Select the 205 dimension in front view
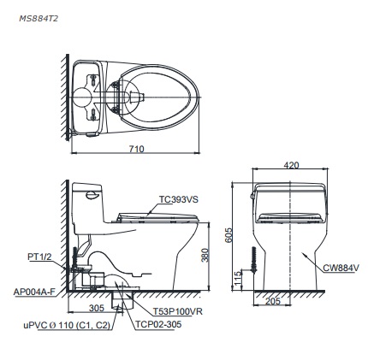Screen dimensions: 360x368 pos(273,302)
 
